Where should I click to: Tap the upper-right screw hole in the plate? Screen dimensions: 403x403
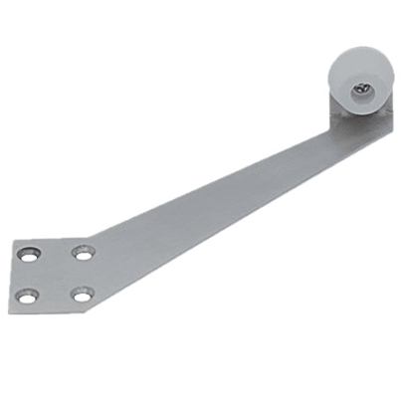81,253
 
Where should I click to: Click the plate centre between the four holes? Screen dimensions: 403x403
56,274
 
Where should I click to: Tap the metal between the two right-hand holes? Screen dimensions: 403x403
80,275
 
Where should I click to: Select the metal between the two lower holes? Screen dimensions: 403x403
55,296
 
